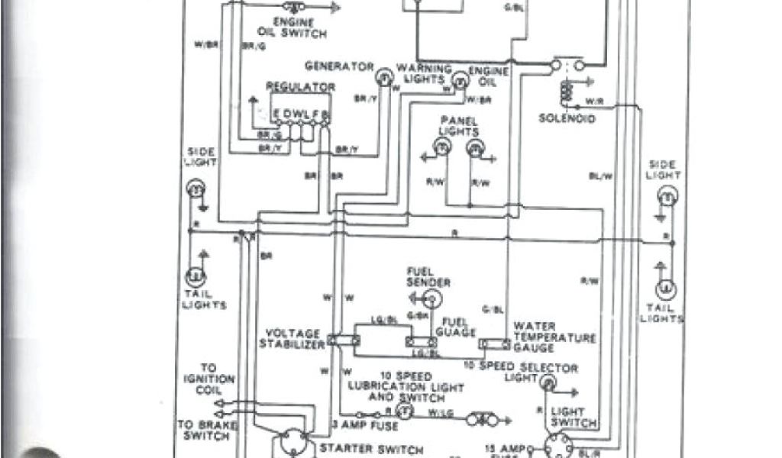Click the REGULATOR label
[301, 87]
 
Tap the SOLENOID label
[567, 119]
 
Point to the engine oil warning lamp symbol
[460, 79]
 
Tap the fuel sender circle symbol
[431, 296]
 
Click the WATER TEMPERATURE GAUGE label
[554, 337]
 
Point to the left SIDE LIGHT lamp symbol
[195, 188]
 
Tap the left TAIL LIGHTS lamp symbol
[195, 275]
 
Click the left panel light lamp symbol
[442, 150]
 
